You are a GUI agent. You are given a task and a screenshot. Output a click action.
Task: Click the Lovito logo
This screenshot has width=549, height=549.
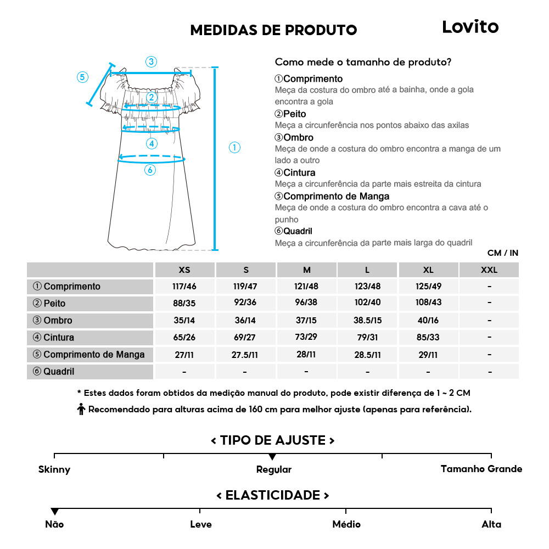[470, 27]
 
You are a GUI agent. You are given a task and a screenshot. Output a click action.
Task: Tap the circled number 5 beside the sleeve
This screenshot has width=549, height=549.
[82, 77]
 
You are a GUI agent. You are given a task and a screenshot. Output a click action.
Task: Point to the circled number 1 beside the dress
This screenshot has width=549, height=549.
[234, 147]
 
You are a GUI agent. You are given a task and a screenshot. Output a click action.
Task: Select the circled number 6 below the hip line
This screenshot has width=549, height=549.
[150, 170]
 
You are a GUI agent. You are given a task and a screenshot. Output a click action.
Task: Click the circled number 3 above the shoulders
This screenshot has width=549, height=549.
[151, 61]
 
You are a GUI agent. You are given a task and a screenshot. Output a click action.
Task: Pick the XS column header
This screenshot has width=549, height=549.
[184, 270]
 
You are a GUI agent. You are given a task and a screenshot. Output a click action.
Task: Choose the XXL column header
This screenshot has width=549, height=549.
[489, 270]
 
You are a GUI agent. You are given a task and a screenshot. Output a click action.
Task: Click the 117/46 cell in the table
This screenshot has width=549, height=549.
[184, 287]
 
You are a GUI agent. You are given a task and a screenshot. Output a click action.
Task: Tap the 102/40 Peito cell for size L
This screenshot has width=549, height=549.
[367, 303]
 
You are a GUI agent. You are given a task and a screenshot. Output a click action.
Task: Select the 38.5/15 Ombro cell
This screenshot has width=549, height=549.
[367, 321]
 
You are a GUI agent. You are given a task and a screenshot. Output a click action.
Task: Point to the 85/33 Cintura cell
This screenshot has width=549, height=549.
[428, 338]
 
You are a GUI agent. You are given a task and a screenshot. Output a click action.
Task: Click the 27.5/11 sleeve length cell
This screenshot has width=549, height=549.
[245, 355]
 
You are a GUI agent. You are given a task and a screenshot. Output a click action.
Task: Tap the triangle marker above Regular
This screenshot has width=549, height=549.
[272, 457]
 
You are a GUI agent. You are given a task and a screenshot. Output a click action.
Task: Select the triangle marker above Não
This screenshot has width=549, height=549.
[54, 512]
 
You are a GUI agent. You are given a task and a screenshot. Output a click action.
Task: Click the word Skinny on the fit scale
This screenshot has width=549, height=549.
[54, 469]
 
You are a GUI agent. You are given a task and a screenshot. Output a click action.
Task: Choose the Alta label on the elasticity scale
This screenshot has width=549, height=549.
[491, 524]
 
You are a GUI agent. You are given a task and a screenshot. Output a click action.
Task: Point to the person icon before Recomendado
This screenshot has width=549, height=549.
[81, 409]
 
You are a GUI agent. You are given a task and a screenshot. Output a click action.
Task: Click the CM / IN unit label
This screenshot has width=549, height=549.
[502, 253]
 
